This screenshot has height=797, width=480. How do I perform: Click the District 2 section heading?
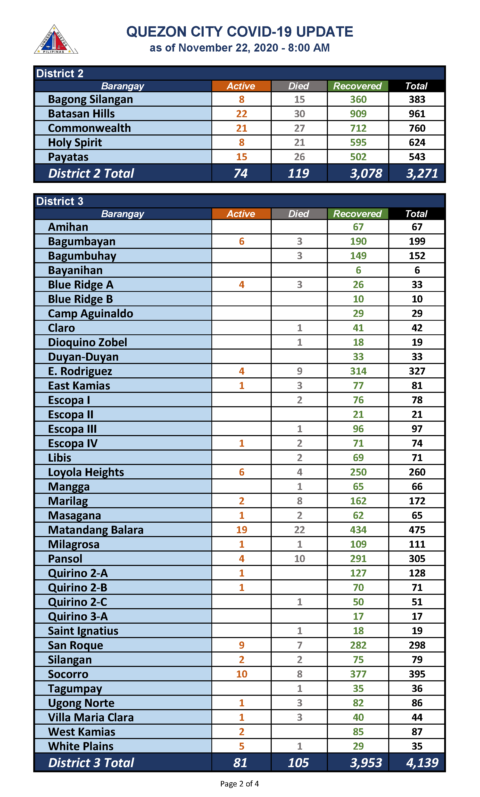[x=60, y=73]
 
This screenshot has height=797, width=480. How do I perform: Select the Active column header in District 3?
[x=241, y=214]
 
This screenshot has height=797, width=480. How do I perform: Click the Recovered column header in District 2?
[x=357, y=86]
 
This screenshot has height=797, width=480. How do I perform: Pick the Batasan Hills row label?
[x=81, y=114]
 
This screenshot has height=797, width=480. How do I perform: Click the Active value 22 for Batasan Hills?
[x=241, y=114]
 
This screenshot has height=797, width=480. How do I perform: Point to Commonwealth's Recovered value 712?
[x=358, y=128]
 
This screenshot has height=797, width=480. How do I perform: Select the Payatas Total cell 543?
[x=417, y=157]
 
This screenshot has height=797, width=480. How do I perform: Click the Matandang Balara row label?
[x=95, y=530]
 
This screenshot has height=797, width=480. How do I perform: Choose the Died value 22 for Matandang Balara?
[x=299, y=530]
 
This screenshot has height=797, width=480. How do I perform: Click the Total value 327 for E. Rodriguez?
[x=417, y=371]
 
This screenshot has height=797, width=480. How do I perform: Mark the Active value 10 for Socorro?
[x=241, y=674]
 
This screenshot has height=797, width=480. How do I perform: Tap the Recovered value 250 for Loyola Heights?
[x=358, y=472]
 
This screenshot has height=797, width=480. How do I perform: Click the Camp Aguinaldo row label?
[x=90, y=313]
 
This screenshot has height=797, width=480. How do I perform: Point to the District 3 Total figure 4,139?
[x=422, y=762]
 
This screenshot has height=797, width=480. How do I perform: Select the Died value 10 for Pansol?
[x=299, y=558]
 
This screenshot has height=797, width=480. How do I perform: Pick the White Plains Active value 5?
[x=241, y=746]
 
